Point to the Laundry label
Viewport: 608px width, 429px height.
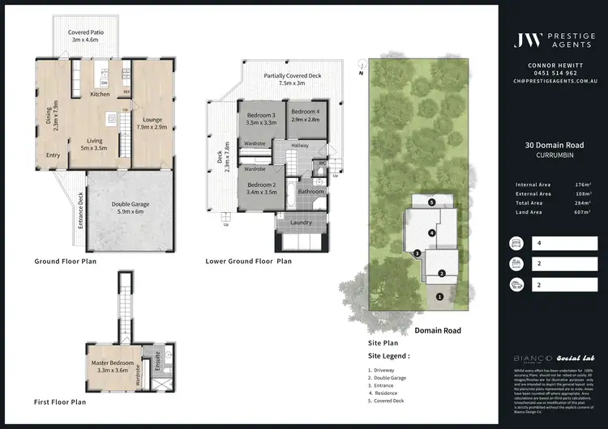(x=301, y=222)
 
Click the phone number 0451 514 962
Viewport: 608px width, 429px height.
(x=553, y=72)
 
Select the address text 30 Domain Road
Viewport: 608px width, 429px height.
(x=553, y=146)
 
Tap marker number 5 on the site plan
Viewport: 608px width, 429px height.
(x=432, y=202)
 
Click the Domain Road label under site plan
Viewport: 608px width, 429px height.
(x=438, y=330)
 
